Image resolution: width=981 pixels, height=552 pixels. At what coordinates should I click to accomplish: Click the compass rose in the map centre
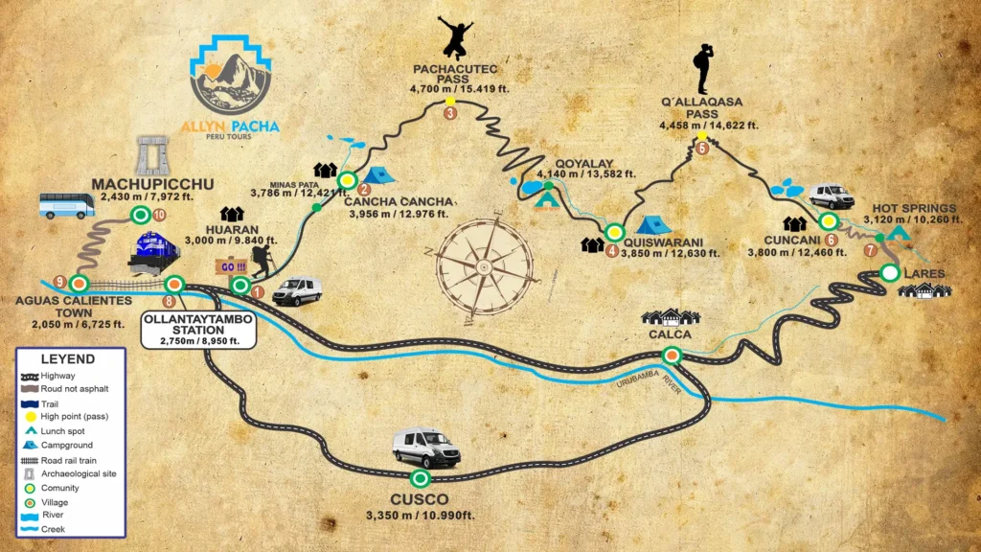[x=485, y=258]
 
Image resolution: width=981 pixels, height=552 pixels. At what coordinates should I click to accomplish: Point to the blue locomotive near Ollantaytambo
[x=155, y=253]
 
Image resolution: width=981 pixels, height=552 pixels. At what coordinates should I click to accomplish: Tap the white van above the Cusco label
[x=426, y=448]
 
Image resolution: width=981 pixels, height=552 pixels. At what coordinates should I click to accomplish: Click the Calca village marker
[x=673, y=356]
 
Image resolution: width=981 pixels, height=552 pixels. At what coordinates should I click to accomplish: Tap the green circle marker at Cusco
[x=419, y=477]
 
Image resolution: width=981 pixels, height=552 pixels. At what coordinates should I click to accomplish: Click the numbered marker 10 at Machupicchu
[x=159, y=216]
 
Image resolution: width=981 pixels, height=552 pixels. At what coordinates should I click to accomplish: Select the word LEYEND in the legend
[x=67, y=358]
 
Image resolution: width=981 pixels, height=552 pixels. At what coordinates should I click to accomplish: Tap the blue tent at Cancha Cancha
[x=378, y=175]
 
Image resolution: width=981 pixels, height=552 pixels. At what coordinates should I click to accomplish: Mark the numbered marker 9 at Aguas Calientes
[x=60, y=282]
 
